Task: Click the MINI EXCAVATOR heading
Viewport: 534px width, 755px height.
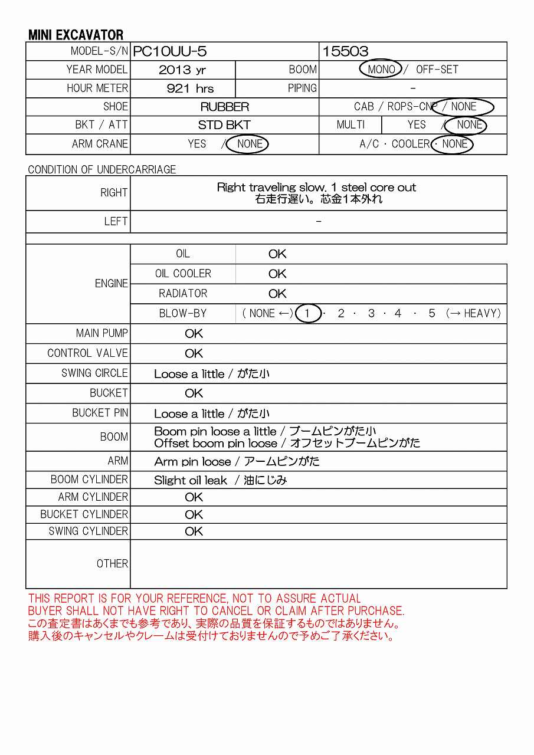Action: point(76,35)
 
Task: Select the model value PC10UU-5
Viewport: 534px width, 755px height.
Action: point(170,51)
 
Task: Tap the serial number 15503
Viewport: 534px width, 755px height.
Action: point(345,51)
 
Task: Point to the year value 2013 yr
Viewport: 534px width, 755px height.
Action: point(182,70)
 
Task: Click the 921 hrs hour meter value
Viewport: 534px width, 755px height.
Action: point(190,88)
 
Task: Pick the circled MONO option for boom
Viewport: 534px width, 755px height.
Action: point(381,69)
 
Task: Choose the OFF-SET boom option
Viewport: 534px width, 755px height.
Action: point(437,69)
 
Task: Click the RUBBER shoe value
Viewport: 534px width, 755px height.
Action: point(224,107)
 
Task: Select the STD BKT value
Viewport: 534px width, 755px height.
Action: point(224,125)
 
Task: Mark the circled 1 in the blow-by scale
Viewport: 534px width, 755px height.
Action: point(307,313)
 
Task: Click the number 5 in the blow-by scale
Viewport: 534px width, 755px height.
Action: point(431,313)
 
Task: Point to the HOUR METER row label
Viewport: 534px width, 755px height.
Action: point(97,88)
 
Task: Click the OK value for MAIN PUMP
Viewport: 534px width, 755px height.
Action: point(194,333)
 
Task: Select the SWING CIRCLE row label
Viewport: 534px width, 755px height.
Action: point(94,373)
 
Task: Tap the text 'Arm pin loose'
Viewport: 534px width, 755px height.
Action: point(192,461)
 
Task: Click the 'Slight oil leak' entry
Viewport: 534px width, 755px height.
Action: point(191,480)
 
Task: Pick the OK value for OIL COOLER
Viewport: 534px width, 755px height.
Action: point(277,274)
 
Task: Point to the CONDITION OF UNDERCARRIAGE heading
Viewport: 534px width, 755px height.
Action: point(102,169)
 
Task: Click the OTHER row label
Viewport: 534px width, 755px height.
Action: point(112,563)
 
